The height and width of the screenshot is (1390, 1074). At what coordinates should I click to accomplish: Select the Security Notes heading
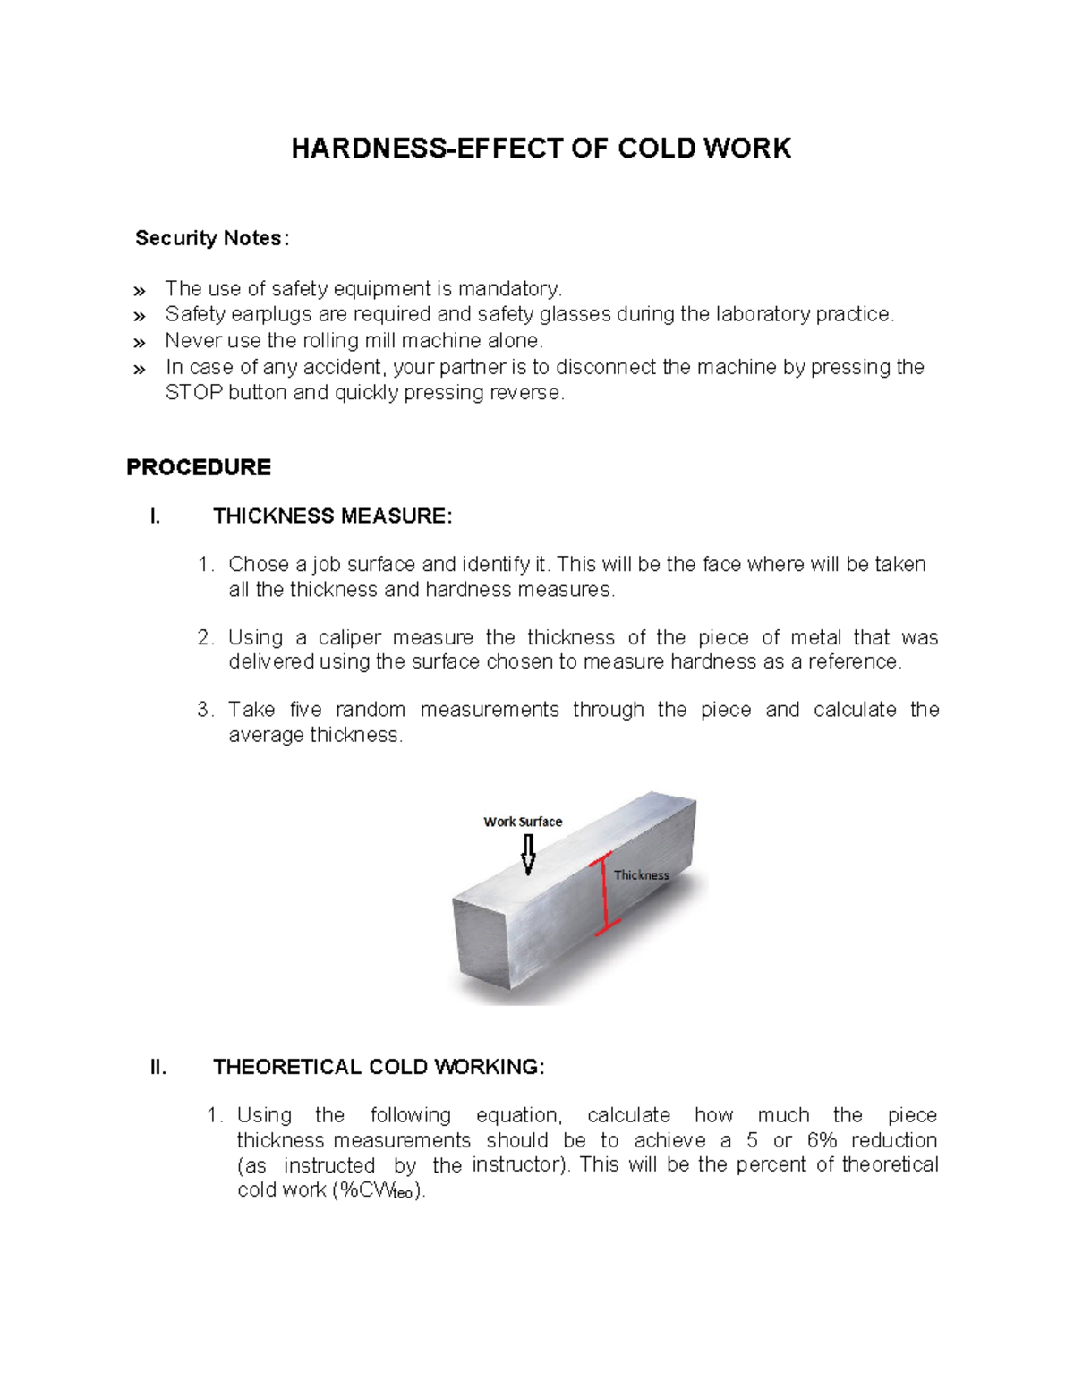tap(212, 238)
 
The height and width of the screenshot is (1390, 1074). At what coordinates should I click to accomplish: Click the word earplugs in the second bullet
tap(266, 314)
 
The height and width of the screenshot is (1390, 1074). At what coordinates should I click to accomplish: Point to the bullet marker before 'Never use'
tap(139, 343)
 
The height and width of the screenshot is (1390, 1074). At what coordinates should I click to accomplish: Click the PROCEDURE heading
tap(199, 467)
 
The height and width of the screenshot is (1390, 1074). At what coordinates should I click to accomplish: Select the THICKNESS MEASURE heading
tap(332, 516)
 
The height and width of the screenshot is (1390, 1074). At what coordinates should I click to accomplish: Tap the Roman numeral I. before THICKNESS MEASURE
tap(156, 516)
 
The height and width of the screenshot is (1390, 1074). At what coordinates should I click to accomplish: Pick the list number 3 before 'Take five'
tap(204, 710)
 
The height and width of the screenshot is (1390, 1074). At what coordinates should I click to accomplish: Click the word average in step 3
tap(266, 735)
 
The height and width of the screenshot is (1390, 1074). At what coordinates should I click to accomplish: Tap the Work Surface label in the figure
tap(523, 822)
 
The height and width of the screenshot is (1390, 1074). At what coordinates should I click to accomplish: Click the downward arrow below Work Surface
tap(528, 855)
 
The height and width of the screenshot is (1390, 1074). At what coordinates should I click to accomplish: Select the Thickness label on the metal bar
tap(641, 875)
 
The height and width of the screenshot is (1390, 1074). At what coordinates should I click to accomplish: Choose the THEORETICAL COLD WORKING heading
tap(379, 1067)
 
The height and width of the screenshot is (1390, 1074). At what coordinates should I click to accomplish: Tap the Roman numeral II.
tap(158, 1067)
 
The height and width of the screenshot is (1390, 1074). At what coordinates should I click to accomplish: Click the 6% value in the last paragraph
tap(822, 1140)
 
